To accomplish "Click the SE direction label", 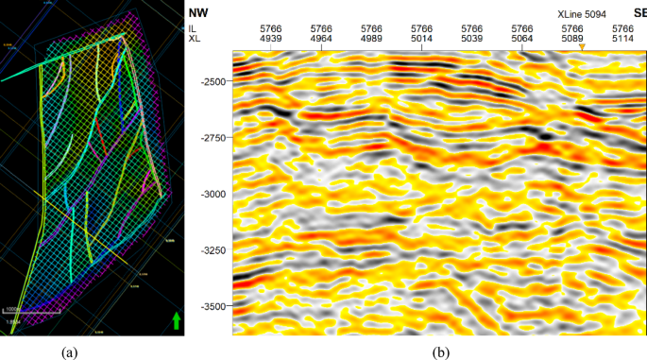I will point(638,14).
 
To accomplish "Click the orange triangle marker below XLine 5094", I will point(582,46).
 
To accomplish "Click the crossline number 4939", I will point(271,41).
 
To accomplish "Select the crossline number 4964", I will point(321,41).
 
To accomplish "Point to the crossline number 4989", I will point(371,41).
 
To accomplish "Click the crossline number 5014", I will point(421,41).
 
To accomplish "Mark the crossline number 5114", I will point(622,41).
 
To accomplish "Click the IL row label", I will point(196,29).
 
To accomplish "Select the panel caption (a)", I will point(69,351).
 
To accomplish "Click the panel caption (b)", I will point(440,351).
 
